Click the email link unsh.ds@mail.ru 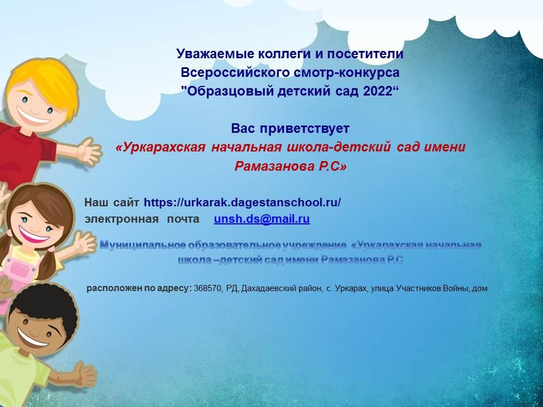262,219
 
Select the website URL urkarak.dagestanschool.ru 242,202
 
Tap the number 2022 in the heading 381,91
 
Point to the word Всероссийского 235,72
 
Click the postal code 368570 208,288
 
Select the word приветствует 304,128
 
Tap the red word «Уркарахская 160,148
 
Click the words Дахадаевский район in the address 281,288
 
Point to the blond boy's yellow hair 45,83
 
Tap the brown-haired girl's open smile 33,233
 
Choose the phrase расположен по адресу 139,288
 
